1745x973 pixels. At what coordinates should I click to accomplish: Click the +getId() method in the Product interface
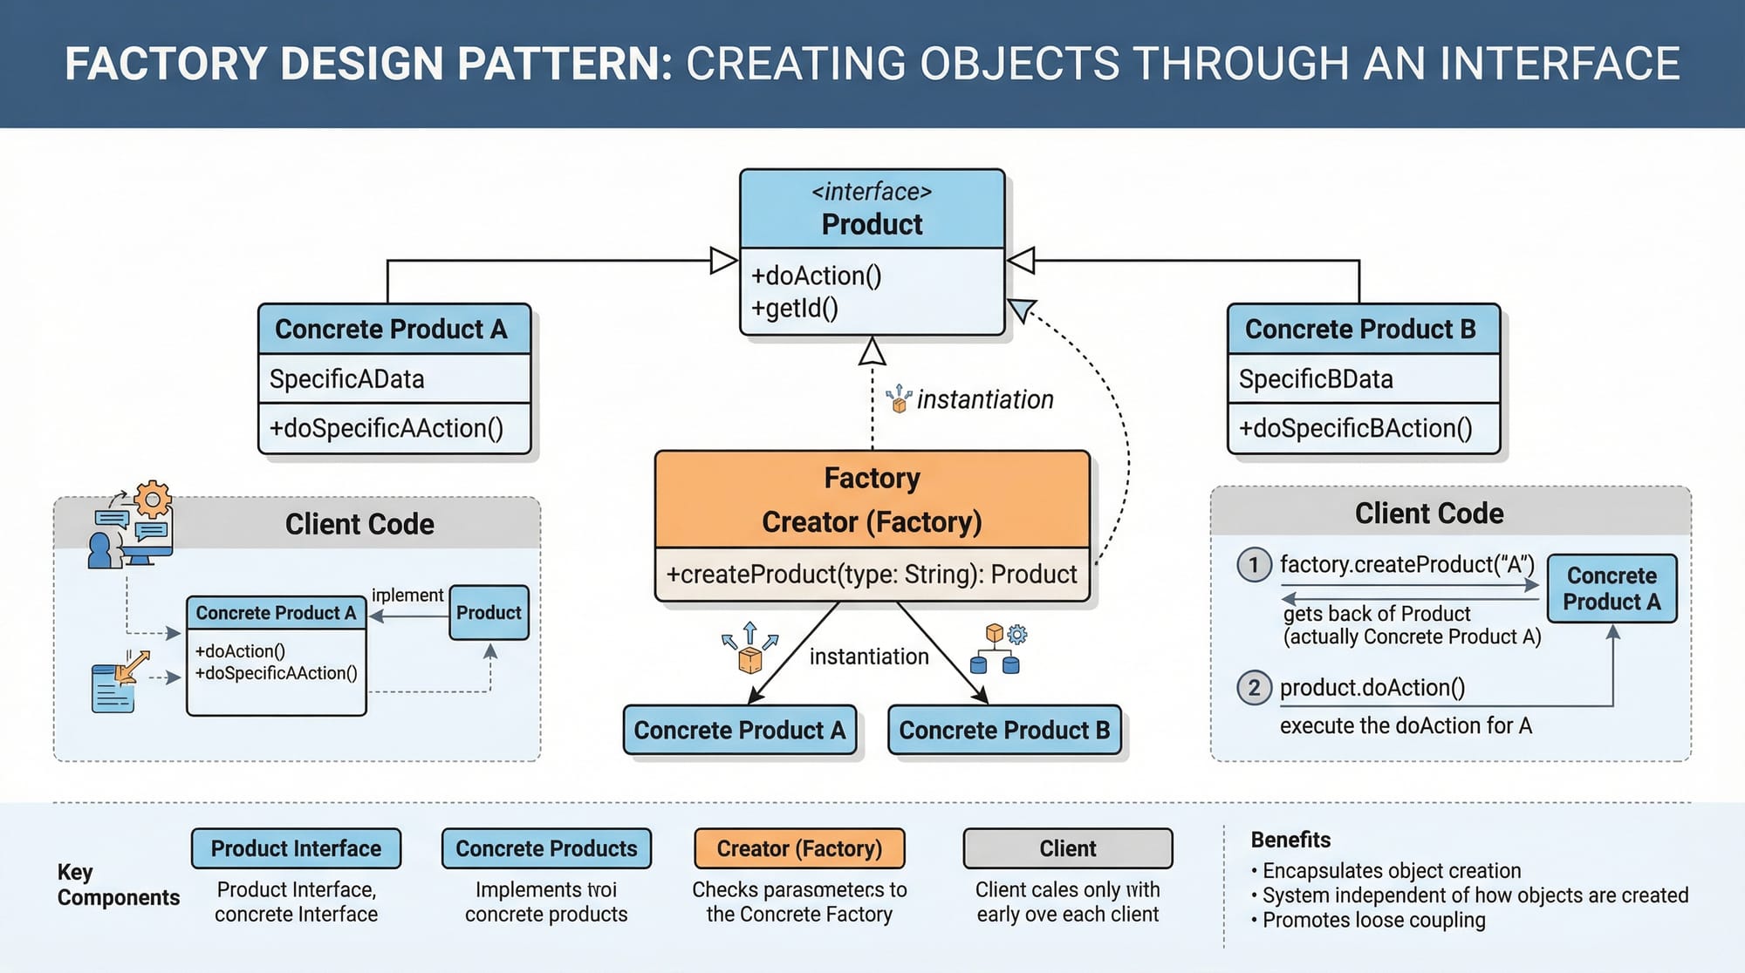pos(795,309)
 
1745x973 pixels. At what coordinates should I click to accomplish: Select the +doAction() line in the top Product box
pos(817,276)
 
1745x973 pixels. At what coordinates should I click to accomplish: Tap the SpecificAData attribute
pos(346,379)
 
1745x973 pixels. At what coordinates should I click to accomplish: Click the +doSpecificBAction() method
pos(1356,428)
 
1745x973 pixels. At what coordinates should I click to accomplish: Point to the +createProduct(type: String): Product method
pos(872,575)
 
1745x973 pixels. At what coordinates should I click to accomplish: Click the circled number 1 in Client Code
pos(1254,565)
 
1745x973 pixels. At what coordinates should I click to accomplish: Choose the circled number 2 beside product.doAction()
pos(1254,688)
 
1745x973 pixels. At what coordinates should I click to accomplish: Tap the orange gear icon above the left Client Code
pos(154,500)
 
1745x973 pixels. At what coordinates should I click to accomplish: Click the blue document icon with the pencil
pos(113,687)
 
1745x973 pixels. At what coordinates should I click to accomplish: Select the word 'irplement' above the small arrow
pos(407,595)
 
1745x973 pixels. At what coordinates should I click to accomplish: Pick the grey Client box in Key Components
pos(1068,848)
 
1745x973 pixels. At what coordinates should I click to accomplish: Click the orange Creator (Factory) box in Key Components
pos(799,848)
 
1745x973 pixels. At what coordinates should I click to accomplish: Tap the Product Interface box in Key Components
pos(296,848)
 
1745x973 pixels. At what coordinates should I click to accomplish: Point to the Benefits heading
pos(1290,840)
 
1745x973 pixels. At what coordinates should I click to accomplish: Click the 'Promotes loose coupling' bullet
pos(1373,920)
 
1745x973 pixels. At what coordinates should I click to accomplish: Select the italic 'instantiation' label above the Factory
pos(985,399)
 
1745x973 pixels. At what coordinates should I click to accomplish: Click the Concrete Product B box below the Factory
pos(1004,730)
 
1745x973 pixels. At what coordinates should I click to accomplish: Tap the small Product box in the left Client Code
pos(489,613)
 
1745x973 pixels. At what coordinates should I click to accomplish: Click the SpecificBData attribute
pos(1316,379)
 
